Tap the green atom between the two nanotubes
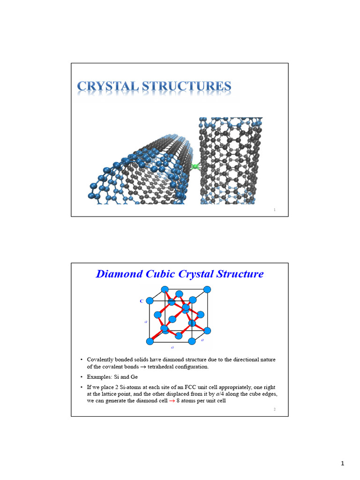195,166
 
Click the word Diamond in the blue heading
118,274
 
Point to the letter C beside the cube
141,301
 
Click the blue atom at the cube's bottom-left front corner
150,341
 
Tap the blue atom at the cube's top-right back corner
207,288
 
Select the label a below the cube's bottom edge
172,347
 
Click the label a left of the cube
145,322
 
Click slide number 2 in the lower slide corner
275,410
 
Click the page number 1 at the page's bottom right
343,464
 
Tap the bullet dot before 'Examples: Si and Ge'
82,377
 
